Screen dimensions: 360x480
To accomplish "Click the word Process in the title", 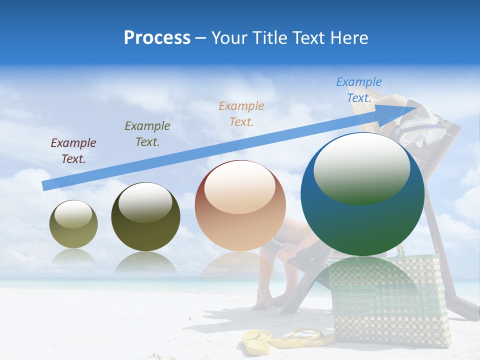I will point(157,38).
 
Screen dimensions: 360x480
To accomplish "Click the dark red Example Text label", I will point(73,151).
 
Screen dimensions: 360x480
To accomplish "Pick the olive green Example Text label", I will point(147,134).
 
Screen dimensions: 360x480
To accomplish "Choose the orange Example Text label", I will point(241,113).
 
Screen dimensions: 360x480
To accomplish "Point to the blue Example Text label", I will point(359,90).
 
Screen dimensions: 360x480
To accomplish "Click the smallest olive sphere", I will point(73,224).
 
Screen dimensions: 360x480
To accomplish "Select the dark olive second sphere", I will point(145,216).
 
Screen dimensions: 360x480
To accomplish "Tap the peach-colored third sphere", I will point(240,205).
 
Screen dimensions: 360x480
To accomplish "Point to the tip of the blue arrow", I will point(419,106).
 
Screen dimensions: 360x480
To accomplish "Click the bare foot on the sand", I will point(264,300).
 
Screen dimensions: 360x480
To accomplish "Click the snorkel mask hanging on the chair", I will point(422,127).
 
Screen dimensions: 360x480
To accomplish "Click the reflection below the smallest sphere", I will point(73,257).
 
